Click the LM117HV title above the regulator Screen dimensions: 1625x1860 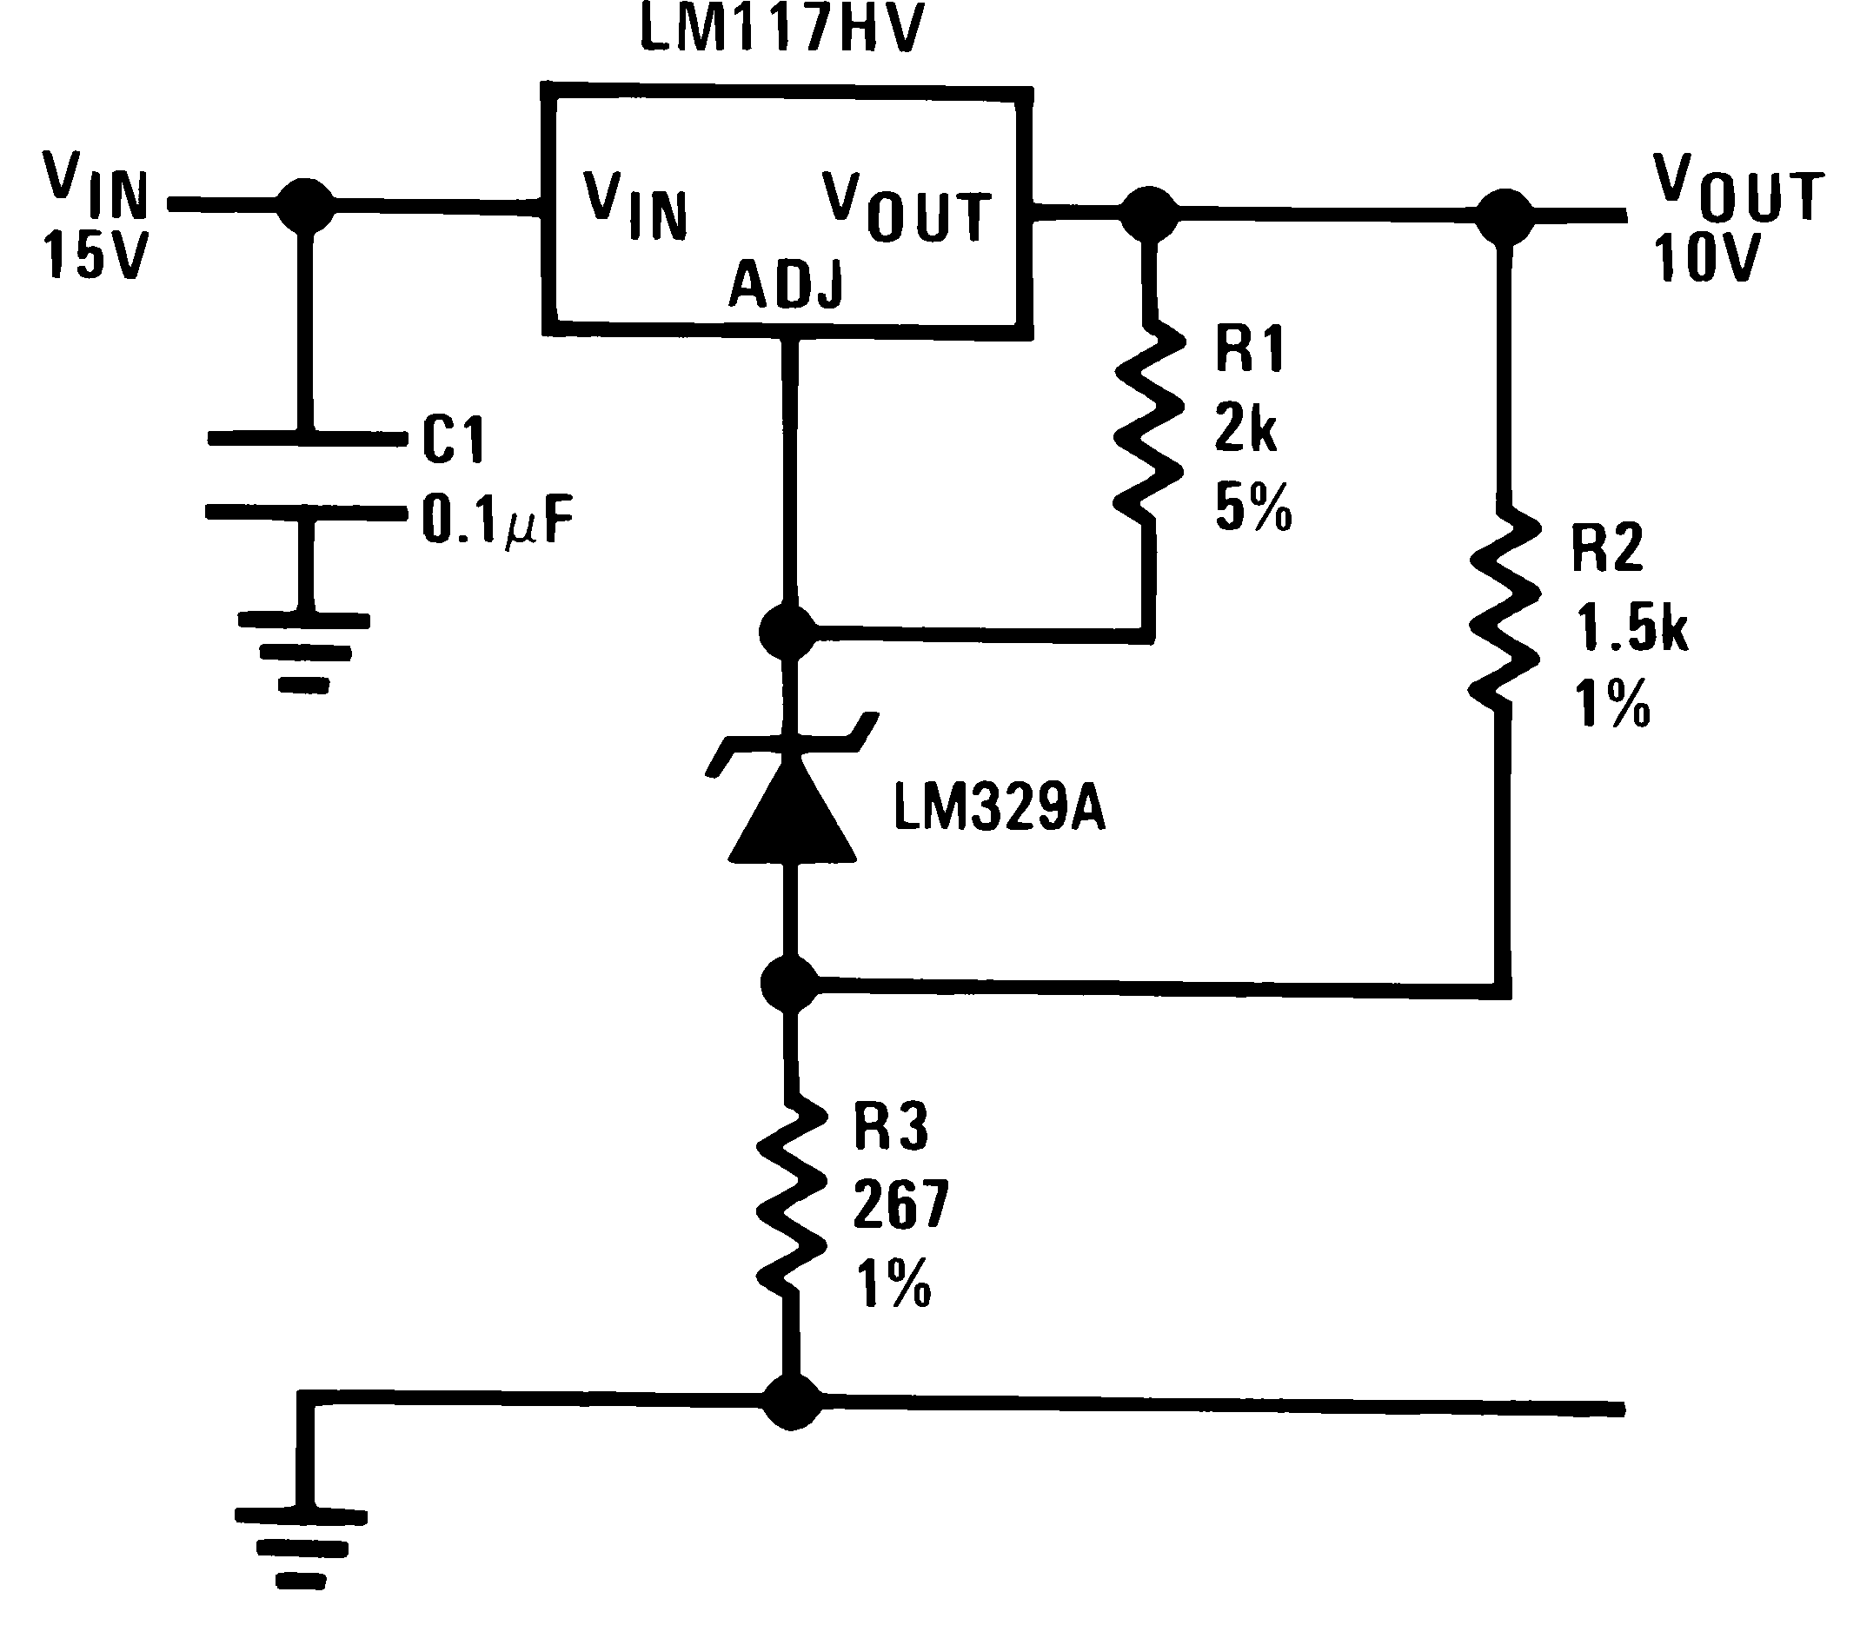(781, 29)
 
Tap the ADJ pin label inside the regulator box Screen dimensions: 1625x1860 (787, 284)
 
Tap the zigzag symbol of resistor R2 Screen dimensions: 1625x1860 (1505, 612)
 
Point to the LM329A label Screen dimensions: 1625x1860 (1000, 808)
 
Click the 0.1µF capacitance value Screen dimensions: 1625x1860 (498, 521)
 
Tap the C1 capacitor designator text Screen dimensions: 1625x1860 (454, 441)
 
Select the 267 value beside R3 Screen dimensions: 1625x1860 (900, 1205)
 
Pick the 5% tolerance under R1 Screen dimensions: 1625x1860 (1253, 508)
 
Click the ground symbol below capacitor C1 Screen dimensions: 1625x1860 (304, 653)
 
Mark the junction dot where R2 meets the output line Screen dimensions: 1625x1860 (1505, 216)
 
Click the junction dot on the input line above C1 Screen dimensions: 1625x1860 (306, 206)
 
